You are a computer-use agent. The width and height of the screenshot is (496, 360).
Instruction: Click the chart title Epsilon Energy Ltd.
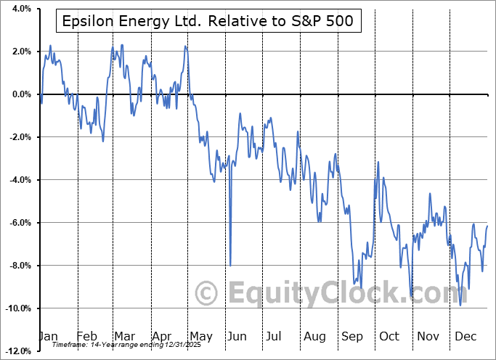[206, 21]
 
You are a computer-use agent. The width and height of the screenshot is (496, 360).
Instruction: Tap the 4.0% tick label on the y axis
[20, 9]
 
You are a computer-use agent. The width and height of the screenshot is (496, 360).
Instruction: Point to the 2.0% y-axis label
[20, 52]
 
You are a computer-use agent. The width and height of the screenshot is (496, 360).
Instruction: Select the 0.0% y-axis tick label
[20, 94]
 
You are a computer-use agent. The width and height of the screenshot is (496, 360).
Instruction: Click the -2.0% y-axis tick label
[18, 137]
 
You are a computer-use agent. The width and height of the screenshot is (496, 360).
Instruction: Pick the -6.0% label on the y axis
[18, 223]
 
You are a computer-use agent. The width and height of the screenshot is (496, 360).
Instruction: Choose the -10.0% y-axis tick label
[17, 308]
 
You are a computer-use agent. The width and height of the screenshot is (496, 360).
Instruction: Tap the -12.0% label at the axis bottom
[17, 351]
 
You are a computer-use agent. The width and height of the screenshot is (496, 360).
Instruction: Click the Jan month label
[48, 336]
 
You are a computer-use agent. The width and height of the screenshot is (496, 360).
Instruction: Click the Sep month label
[352, 336]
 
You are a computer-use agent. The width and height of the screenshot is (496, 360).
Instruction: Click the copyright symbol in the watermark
[208, 293]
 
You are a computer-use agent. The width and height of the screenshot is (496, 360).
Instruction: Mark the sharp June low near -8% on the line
[230, 266]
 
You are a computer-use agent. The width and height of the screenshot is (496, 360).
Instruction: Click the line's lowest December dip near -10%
[460, 305]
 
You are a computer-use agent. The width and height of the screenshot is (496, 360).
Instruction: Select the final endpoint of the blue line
[487, 226]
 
